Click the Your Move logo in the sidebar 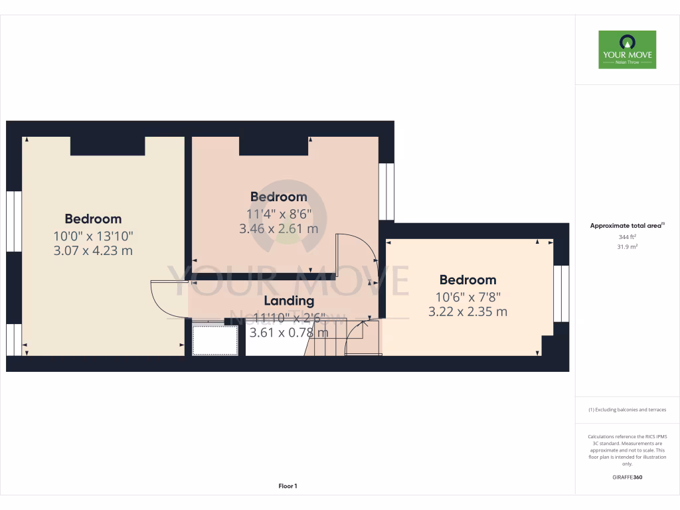(627, 49)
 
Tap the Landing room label (288, 301)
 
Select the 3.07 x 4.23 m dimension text (93, 250)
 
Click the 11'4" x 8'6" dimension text (278, 214)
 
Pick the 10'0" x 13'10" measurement (93, 235)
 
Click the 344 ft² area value (627, 236)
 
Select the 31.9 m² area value (627, 246)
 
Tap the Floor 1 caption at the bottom (288, 486)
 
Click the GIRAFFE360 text (627, 477)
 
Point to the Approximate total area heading (627, 226)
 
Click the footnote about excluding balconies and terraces (627, 410)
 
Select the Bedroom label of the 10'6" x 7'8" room (467, 280)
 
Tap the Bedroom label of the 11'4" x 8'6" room (278, 197)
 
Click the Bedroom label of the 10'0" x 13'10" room (93, 219)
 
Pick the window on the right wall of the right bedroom (561, 293)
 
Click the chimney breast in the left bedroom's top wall (108, 145)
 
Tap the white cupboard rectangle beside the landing (214, 339)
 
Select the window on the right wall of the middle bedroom (386, 191)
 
